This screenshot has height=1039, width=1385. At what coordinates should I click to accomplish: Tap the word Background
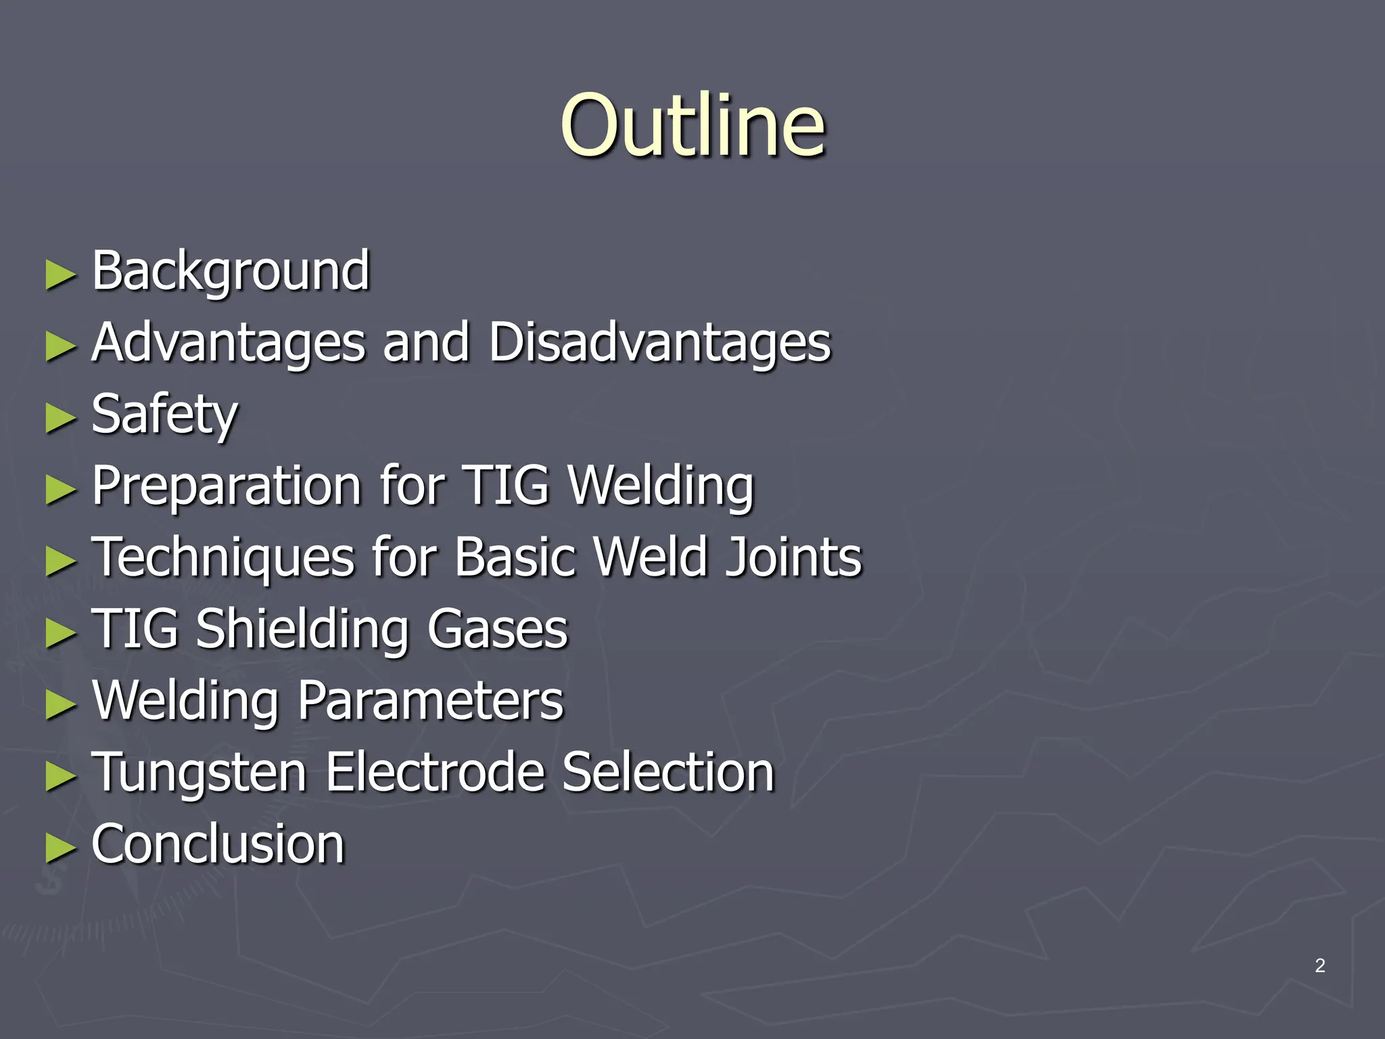[231, 271]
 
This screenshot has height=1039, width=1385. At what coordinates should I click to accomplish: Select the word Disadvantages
[659, 342]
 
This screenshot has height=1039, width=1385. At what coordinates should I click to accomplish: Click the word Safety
[164, 414]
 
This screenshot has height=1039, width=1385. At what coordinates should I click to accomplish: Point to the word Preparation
[227, 486]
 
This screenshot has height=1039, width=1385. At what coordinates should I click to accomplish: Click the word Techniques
[223, 557]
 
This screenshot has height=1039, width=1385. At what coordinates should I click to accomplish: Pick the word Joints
[793, 557]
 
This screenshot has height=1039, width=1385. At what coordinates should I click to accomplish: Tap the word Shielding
[302, 629]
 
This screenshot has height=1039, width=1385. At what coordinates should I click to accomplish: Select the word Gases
[497, 629]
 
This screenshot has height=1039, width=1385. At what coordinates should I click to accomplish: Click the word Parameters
[430, 701]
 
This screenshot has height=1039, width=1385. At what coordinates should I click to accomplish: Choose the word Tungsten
[199, 772]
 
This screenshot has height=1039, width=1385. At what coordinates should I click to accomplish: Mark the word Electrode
[436, 772]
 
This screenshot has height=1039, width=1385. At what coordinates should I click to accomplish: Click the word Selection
[668, 772]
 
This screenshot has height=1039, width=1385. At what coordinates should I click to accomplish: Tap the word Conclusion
[218, 844]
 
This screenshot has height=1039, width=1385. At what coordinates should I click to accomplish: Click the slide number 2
[1319, 966]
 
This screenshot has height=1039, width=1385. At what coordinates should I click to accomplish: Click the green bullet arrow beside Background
[61, 275]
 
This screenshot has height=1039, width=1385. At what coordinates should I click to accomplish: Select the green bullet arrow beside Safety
[61, 419]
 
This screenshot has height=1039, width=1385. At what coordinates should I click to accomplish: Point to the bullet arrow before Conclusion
[61, 849]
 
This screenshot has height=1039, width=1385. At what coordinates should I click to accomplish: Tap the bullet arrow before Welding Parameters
[61, 706]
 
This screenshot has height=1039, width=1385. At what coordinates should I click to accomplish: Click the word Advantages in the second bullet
[228, 342]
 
